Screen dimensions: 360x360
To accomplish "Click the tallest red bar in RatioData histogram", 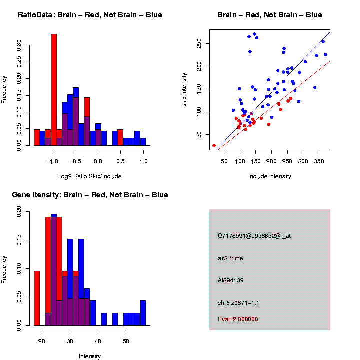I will click(54, 90).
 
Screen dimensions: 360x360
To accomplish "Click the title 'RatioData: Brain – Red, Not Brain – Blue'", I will click(90, 15).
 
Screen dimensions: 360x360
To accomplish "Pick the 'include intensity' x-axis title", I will click(270, 176).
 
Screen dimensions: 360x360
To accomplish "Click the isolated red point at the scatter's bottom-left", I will click(214, 145).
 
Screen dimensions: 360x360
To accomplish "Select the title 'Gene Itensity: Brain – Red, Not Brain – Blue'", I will click(90, 194).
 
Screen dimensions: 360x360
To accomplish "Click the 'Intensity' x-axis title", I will click(90, 356).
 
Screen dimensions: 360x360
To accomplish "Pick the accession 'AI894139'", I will click(231, 280).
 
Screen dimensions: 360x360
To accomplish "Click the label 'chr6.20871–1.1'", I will click(238, 303).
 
